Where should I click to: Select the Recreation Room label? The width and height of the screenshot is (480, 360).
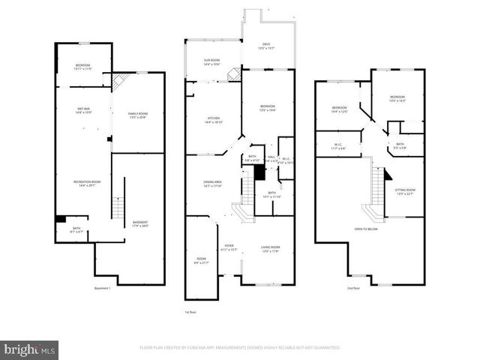pos(87,184)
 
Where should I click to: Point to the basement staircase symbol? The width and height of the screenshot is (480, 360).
pos(117,208)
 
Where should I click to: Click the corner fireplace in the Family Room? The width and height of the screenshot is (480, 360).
pos(119,80)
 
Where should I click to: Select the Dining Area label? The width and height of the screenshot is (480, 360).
pos(213,184)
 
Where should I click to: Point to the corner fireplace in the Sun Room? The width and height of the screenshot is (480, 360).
pos(235,73)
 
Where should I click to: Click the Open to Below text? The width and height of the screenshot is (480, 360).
pos(366,229)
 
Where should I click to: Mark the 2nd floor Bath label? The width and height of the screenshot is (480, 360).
pos(400,145)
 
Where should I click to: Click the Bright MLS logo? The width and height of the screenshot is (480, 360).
pos(30,349)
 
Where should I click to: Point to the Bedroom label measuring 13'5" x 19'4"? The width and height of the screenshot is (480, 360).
pos(268,108)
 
